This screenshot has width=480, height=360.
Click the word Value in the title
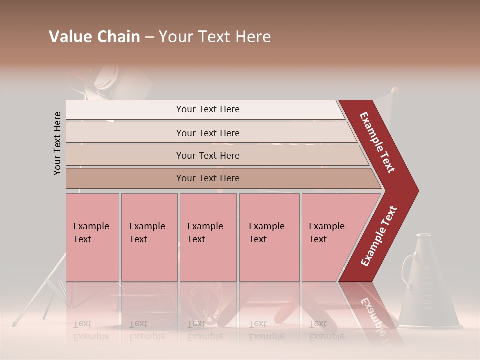point(69,37)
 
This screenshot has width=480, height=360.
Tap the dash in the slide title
point(149,37)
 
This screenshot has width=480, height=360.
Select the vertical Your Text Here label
point(57,144)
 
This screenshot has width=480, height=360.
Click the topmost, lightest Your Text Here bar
point(207,109)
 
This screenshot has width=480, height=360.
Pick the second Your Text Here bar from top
point(207,133)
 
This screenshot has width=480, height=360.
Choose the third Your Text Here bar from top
point(207,155)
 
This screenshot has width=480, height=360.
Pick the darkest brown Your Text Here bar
point(207,178)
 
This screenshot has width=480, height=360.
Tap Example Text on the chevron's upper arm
point(377,142)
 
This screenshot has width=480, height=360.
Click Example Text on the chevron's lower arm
point(378,236)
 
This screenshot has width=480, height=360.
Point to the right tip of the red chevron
point(417,190)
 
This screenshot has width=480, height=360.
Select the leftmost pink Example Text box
point(92,237)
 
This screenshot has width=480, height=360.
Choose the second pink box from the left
point(149,237)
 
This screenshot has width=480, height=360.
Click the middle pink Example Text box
point(208,237)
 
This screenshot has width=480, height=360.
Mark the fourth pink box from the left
point(269,237)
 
